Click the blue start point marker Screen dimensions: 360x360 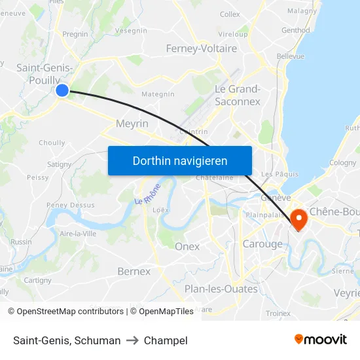pos(62,90)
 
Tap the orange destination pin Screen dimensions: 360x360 pos(298,219)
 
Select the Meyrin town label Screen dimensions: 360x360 pos(132,123)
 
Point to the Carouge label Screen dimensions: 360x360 pos(262,244)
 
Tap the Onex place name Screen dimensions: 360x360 pos(187,246)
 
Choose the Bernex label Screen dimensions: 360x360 pos(134,271)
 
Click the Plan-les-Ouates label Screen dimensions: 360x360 pos(221,289)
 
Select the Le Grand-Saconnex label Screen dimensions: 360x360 pos(238,95)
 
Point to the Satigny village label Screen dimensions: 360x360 pos(60,164)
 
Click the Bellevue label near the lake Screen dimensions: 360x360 pos(290,56)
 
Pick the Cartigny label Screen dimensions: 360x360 pos(37,280)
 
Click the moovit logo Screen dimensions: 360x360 pos(320,340)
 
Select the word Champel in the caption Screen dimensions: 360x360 pos(166,340)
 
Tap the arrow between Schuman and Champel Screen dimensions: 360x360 pos(132,340)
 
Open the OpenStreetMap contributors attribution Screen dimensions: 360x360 pos(68,312)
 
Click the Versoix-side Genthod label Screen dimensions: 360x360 pos(296,30)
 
